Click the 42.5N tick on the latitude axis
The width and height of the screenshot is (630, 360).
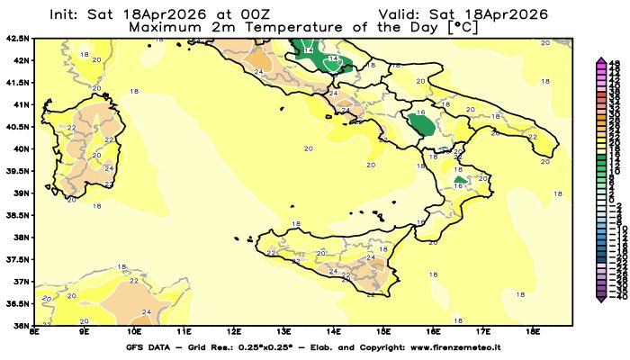coord(17,39)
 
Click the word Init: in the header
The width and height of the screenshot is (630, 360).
coord(68,15)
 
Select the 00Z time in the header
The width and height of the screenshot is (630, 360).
coord(261,15)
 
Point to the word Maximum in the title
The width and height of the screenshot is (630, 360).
coord(163,27)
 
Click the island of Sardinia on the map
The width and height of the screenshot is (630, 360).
coord(94,153)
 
